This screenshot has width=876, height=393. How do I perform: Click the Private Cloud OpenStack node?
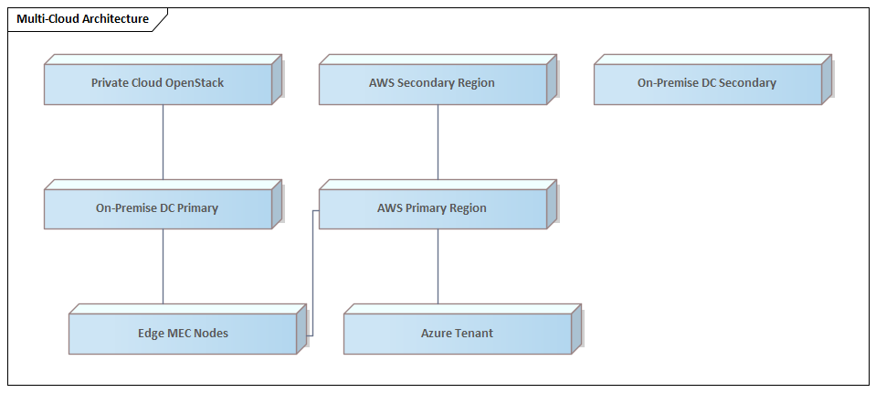(x=158, y=84)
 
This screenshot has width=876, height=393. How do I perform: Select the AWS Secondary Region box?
(x=432, y=84)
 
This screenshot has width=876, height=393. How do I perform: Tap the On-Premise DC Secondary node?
(x=707, y=84)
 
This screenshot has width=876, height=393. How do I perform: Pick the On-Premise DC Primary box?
(x=158, y=208)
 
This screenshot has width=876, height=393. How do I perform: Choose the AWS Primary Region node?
(x=432, y=208)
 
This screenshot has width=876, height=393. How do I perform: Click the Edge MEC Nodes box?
(x=183, y=334)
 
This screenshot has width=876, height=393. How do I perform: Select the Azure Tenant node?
(x=457, y=334)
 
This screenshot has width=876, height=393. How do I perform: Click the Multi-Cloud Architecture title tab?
(x=82, y=19)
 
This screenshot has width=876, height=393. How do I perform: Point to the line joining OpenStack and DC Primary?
(x=164, y=142)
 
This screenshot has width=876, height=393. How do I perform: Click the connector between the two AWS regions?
(x=438, y=142)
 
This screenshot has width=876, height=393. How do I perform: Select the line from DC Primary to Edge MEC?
(x=164, y=265)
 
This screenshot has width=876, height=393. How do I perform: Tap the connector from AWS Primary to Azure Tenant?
(x=438, y=265)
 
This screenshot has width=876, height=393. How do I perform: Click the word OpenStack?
(x=195, y=83)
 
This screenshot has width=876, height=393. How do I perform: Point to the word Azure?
(x=438, y=334)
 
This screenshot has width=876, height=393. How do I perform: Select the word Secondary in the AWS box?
(x=429, y=83)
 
